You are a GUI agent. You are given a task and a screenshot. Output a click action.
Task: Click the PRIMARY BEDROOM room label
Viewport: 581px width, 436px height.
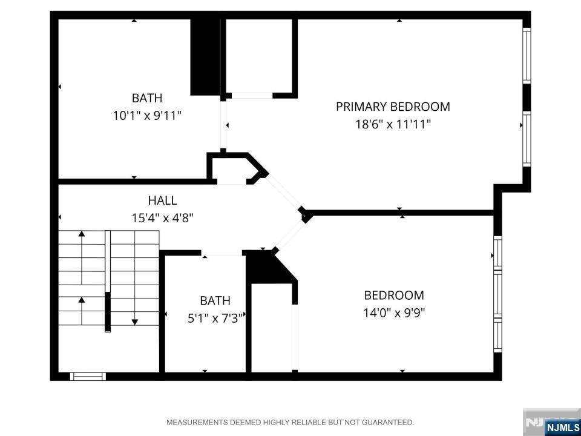click(393, 107)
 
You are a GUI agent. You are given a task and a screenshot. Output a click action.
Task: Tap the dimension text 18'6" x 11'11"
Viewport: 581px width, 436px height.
click(393, 124)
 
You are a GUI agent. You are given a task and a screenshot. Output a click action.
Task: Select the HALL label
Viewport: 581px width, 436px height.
click(162, 200)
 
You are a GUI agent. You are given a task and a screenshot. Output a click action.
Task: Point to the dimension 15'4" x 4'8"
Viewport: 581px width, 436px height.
click(163, 217)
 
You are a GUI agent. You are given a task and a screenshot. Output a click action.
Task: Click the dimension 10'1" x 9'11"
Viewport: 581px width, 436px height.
click(147, 116)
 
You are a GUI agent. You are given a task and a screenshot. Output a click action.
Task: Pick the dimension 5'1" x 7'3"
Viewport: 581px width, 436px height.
click(215, 318)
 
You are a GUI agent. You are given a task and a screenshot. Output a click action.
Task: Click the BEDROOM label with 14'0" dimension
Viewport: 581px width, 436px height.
click(394, 296)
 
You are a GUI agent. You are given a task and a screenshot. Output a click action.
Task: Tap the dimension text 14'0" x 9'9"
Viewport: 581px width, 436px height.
click(394, 313)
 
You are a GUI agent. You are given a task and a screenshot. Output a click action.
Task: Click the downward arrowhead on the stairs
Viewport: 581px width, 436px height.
click(135, 322)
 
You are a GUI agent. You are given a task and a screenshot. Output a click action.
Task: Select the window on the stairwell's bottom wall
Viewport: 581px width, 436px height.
click(88, 376)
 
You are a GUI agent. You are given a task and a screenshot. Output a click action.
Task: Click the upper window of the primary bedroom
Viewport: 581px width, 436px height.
click(527, 56)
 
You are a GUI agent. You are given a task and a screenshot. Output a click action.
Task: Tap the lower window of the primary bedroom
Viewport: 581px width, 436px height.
click(527, 139)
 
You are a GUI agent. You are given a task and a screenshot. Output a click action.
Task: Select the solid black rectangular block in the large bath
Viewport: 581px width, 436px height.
click(205, 57)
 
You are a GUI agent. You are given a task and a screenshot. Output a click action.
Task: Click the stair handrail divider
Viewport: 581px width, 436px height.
click(108, 281)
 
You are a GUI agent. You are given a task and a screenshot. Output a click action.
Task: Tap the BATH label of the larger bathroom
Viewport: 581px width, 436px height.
click(147, 98)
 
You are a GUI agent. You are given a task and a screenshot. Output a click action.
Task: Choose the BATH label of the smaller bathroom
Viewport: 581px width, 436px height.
click(215, 300)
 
